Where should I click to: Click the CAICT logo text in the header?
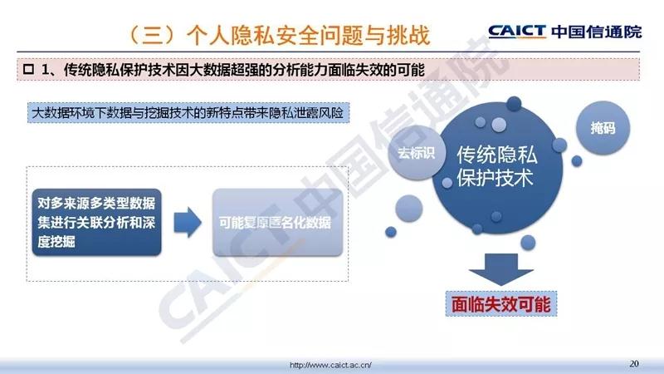[517, 32]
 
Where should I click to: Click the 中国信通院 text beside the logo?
[597, 32]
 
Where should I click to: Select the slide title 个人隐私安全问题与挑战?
[308, 35]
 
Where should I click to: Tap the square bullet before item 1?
[29, 69]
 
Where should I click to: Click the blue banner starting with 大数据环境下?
[188, 113]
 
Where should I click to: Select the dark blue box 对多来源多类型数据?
[96, 222]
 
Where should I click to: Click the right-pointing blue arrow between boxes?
[188, 222]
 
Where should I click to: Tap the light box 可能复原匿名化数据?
[277, 222]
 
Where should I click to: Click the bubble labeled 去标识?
[416, 153]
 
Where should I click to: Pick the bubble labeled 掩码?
[603, 128]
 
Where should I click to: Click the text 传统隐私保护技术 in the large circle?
[496, 166]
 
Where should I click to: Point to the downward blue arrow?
[501, 269]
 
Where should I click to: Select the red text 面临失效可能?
[501, 304]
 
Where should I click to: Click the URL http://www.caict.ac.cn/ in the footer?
[330, 365]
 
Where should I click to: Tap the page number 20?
[634, 363]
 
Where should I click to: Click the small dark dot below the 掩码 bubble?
[577, 161]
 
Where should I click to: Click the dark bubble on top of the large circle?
[514, 103]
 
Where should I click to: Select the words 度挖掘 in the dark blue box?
[56, 242]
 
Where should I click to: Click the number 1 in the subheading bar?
[46, 70]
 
